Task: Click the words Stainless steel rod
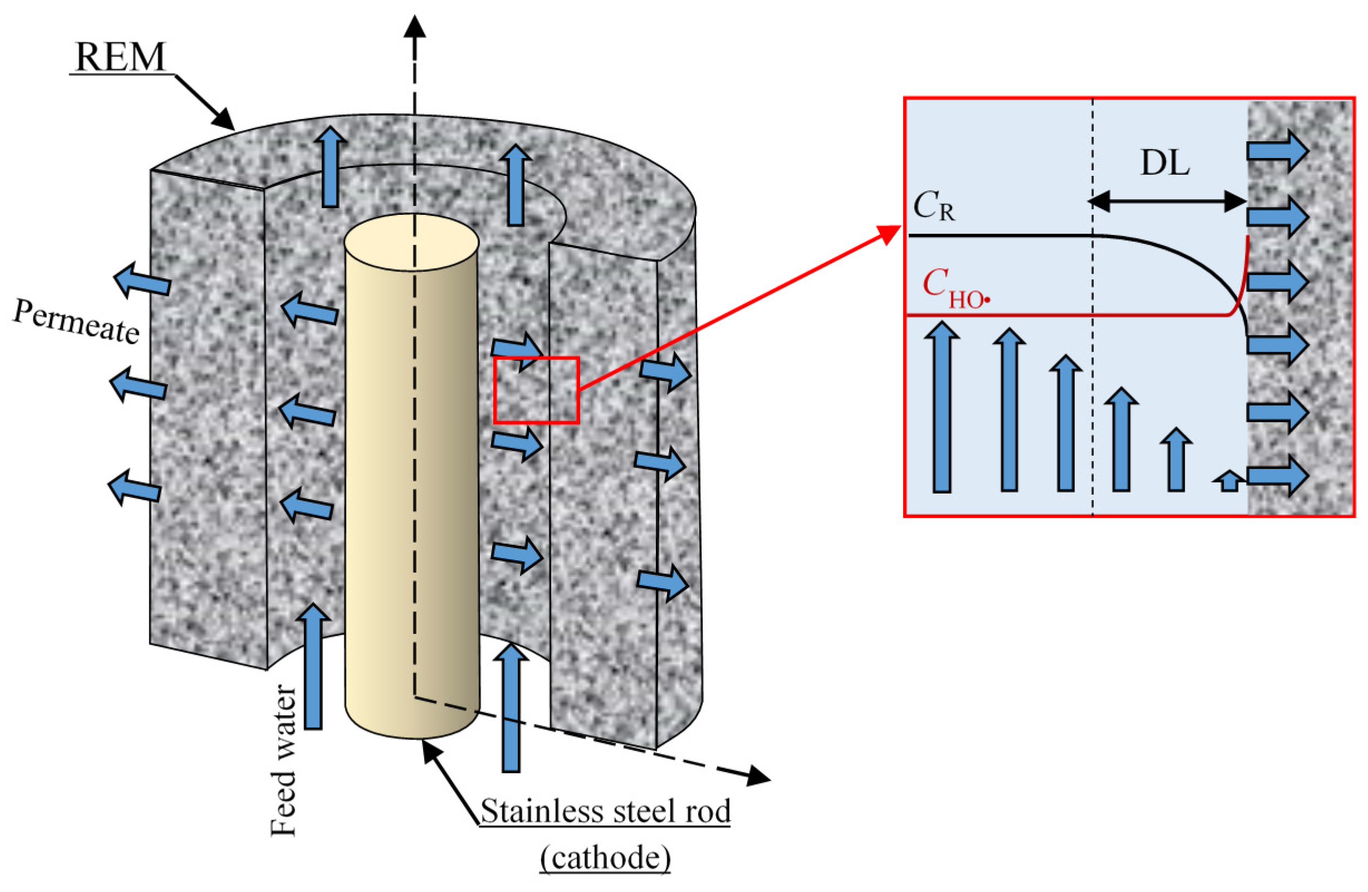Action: click(605, 811)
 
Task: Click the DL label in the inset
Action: click(1165, 164)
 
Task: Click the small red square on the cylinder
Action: click(536, 390)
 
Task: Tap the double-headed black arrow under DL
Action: click(1168, 201)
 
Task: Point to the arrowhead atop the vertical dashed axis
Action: click(414, 26)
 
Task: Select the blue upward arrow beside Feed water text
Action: click(313, 666)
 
